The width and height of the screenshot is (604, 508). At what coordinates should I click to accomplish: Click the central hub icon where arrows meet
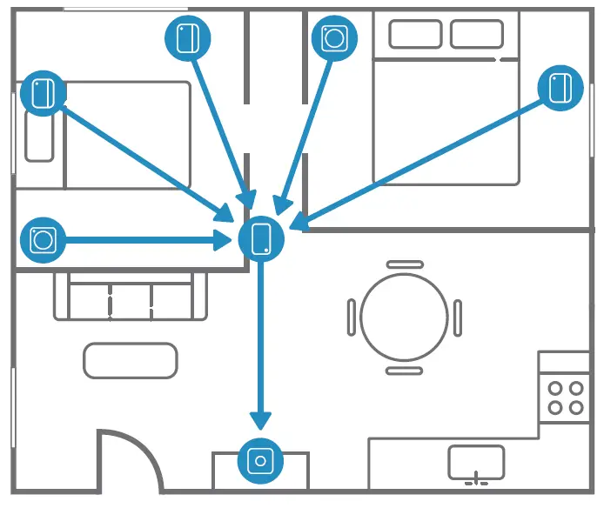click(261, 238)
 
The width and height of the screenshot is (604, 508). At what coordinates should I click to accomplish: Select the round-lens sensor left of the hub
click(43, 239)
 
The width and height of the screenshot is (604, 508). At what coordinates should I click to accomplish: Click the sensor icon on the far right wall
click(560, 87)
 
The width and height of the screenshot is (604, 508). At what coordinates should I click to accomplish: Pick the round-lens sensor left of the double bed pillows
click(333, 37)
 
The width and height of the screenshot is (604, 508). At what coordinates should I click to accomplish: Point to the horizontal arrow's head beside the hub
click(225, 239)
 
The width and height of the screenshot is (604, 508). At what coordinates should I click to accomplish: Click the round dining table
click(403, 316)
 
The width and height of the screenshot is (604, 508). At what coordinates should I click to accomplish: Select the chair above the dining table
click(404, 264)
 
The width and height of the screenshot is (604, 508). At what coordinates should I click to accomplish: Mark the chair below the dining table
click(404, 370)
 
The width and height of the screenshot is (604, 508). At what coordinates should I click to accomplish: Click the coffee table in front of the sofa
click(131, 360)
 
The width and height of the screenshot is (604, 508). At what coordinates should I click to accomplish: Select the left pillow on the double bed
click(415, 35)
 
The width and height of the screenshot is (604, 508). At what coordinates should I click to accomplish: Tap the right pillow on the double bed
click(476, 35)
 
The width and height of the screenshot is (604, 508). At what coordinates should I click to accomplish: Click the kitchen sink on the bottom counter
click(476, 462)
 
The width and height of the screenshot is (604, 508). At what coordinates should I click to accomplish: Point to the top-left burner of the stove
click(554, 388)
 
